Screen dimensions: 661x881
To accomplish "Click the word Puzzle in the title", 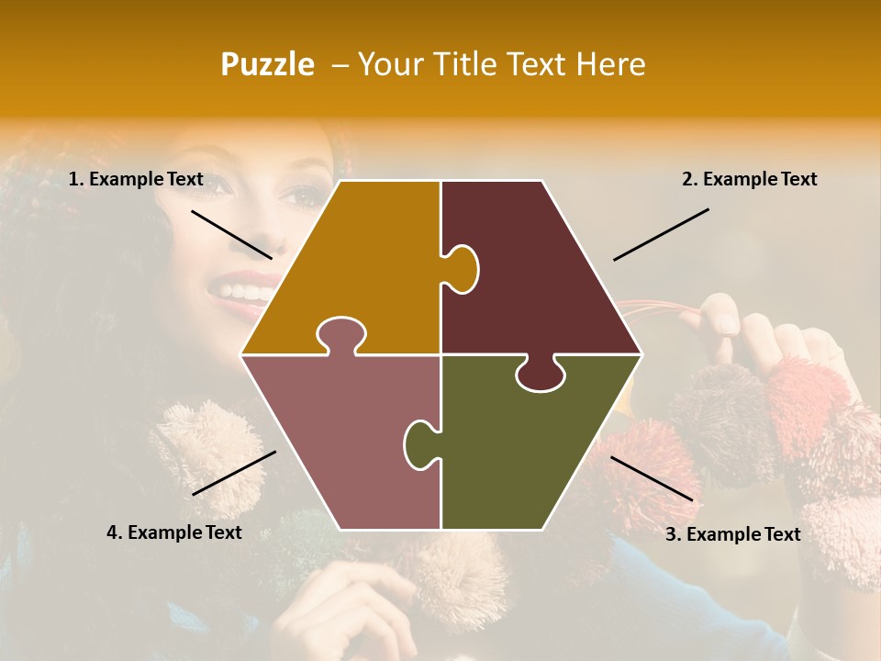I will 267,65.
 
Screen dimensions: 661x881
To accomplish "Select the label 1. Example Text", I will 136,180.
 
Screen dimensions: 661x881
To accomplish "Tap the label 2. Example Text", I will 749,180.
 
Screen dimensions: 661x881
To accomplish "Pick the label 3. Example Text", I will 732,534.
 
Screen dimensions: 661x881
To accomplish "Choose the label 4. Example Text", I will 173,532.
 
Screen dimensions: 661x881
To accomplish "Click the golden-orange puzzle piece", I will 358,266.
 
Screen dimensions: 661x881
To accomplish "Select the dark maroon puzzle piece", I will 541,275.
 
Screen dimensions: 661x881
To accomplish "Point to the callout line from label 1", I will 231,235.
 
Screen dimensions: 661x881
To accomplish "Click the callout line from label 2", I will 661,234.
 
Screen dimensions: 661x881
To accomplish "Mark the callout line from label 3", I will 652,478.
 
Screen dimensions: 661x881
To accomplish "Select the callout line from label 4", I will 234,473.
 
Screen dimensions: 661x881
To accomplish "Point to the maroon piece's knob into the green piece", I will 541,375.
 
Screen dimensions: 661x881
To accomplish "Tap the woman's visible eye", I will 300,196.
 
